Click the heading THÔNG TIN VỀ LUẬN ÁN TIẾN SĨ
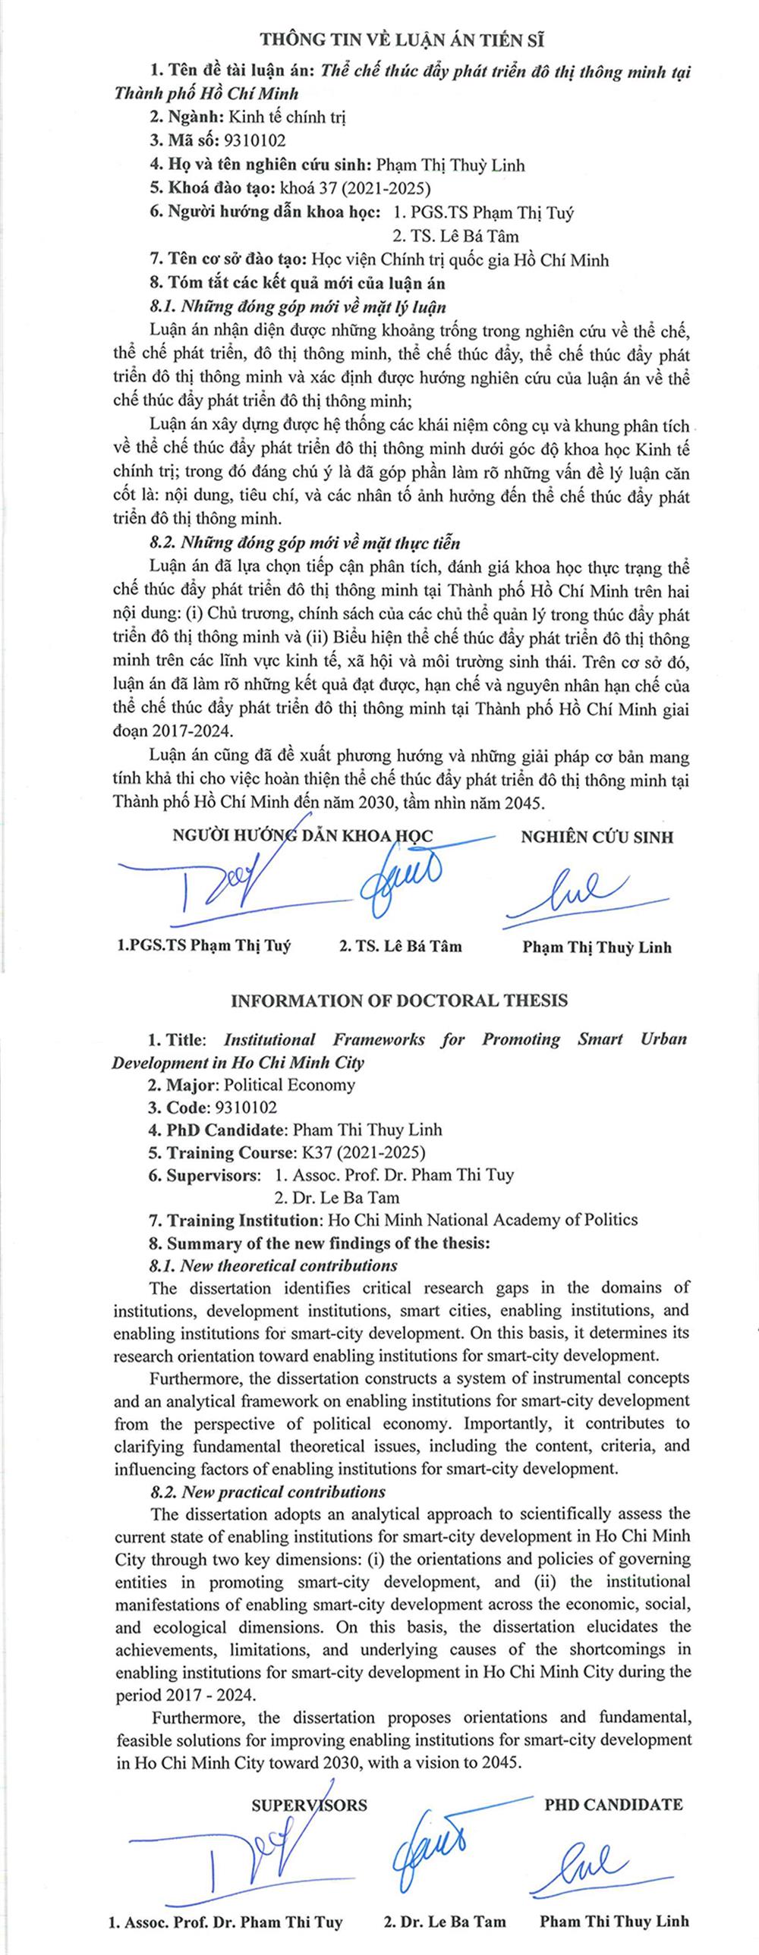click(x=402, y=40)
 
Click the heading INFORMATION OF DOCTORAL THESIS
click(x=399, y=1001)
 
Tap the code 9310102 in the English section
click(x=246, y=1108)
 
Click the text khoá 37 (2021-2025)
click(x=355, y=188)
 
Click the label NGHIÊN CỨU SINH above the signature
click(x=597, y=837)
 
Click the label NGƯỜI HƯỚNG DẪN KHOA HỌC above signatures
click(x=303, y=836)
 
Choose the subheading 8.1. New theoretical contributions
click(x=273, y=1265)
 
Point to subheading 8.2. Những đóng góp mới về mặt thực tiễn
click(x=304, y=543)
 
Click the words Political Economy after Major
click(x=289, y=1085)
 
